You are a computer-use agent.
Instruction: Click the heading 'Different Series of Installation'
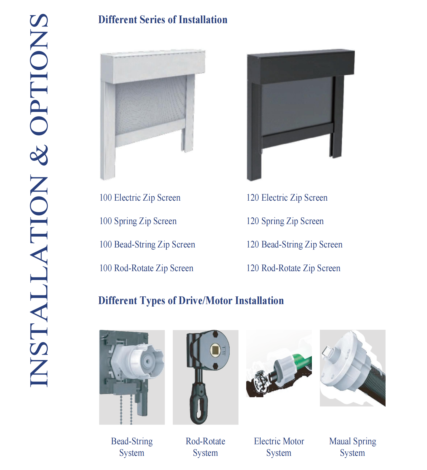pos(163,20)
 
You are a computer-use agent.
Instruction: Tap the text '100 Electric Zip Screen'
pos(140,198)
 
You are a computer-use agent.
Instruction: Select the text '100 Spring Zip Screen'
pos(138,221)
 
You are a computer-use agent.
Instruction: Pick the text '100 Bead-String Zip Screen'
pos(147,244)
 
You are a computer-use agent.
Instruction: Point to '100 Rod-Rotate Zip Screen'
pos(146,268)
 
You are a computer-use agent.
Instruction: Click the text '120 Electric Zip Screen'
pos(287,198)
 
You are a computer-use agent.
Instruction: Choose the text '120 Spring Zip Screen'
pos(285,221)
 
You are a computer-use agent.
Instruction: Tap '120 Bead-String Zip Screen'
pos(294,244)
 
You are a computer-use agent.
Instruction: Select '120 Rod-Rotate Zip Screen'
pos(293,268)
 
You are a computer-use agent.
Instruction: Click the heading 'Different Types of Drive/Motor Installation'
pos(191,300)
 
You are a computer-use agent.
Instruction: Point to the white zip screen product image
pos(152,114)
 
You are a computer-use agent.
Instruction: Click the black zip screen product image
pos(301,114)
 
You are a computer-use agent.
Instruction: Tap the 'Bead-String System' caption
pos(132,447)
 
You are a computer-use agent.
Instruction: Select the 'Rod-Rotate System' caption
pos(206,447)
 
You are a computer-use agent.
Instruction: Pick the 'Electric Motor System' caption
pos(279,447)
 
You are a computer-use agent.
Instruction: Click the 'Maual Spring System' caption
pos(353,447)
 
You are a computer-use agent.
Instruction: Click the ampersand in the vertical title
pos(39,155)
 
